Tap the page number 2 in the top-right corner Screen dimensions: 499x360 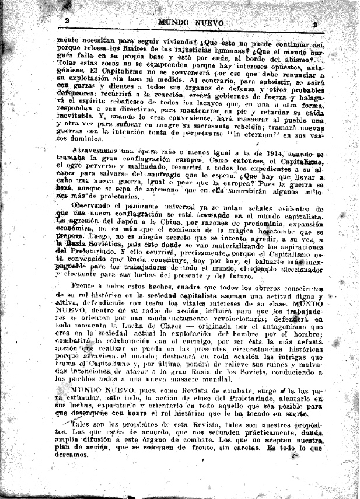314,25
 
